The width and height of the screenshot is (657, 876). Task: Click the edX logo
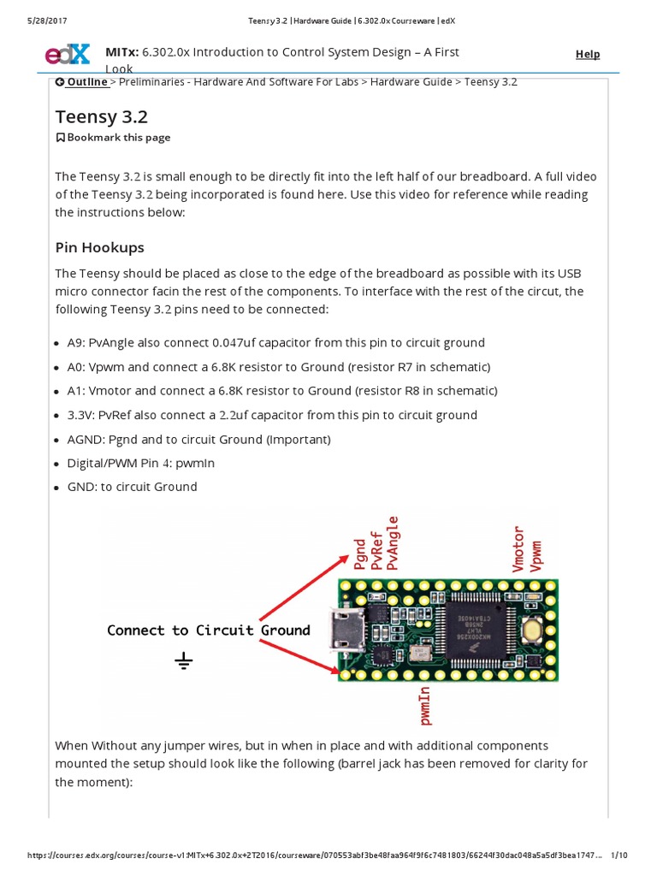click(67, 55)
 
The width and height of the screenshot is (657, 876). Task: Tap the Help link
click(588, 54)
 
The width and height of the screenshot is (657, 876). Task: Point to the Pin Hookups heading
click(99, 247)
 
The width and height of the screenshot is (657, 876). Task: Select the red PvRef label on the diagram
click(376, 549)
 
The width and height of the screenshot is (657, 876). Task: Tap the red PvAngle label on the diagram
click(393, 542)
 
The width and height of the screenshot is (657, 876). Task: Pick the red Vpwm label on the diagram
click(536, 554)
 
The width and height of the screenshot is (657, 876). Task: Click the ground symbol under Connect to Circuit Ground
click(184, 660)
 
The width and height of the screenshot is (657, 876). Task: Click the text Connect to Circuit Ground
click(208, 630)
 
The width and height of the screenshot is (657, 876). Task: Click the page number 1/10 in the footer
click(620, 855)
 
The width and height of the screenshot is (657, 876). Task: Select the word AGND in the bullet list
click(86, 439)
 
